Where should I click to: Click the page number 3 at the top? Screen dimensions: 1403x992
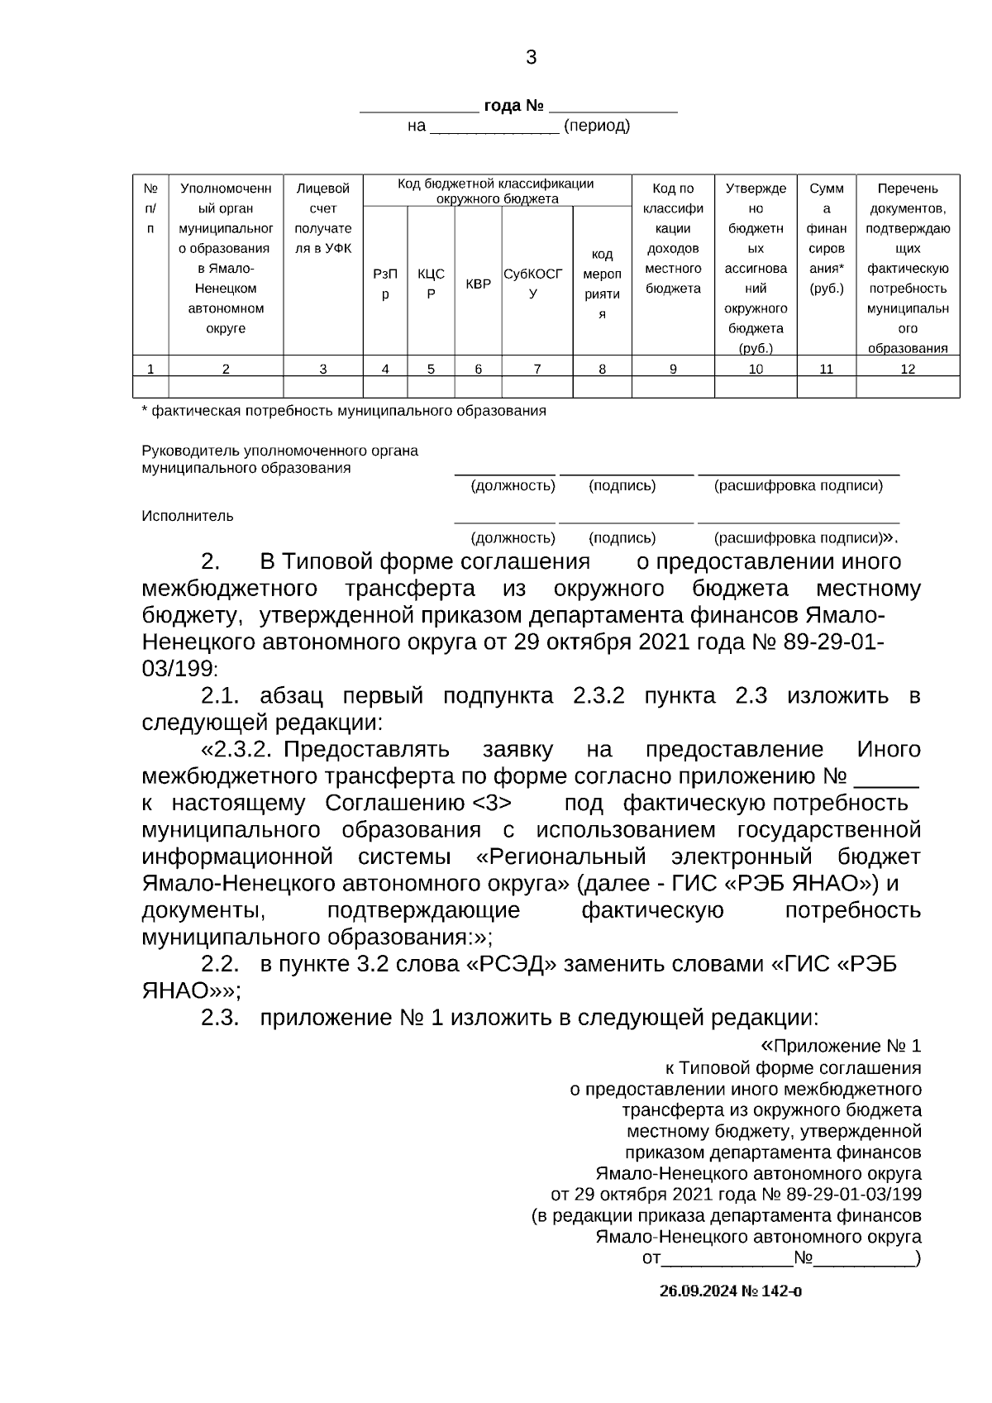tap(531, 58)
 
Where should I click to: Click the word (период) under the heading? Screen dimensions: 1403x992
tap(596, 126)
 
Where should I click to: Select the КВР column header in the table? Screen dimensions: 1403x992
tap(478, 284)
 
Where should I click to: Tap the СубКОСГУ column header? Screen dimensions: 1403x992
tap(533, 284)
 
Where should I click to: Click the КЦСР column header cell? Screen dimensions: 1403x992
tap(431, 284)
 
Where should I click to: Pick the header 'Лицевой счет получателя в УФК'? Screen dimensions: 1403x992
tap(323, 218)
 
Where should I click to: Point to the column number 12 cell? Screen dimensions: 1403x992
tap(908, 369)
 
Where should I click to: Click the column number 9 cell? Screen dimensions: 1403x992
tap(673, 369)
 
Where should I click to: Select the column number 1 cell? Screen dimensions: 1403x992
tap(150, 369)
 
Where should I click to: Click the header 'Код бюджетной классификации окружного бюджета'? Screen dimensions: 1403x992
tap(496, 191)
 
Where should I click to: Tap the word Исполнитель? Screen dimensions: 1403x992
tap(188, 516)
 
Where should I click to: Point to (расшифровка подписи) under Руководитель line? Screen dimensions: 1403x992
tap(799, 486)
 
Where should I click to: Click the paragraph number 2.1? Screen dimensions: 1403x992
tap(220, 696)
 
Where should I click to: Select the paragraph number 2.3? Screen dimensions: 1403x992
tap(220, 1017)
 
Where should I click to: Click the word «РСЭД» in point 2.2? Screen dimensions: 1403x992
tap(507, 964)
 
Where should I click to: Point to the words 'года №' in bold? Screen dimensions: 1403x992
tap(513, 107)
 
